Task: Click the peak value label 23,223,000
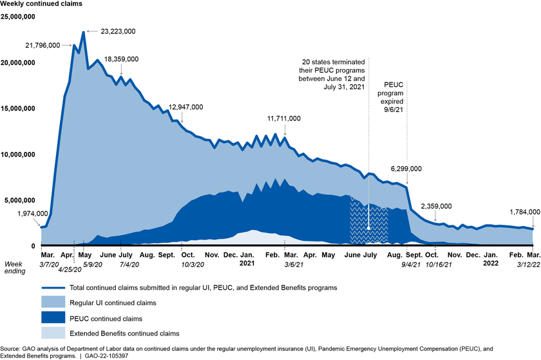pyautogui.click(x=118, y=31)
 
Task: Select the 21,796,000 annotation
pyautogui.click(x=43, y=45)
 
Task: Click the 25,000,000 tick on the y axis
pyautogui.click(x=19, y=17)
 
